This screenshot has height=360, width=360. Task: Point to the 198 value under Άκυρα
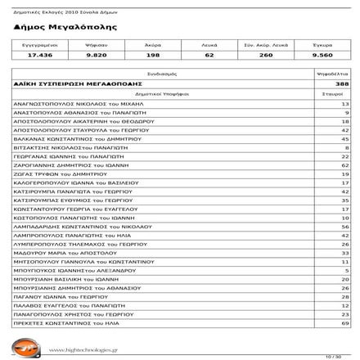click(x=153, y=55)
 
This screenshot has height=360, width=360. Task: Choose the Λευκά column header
click(x=209, y=45)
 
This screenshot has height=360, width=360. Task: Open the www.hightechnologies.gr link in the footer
click(x=85, y=350)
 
